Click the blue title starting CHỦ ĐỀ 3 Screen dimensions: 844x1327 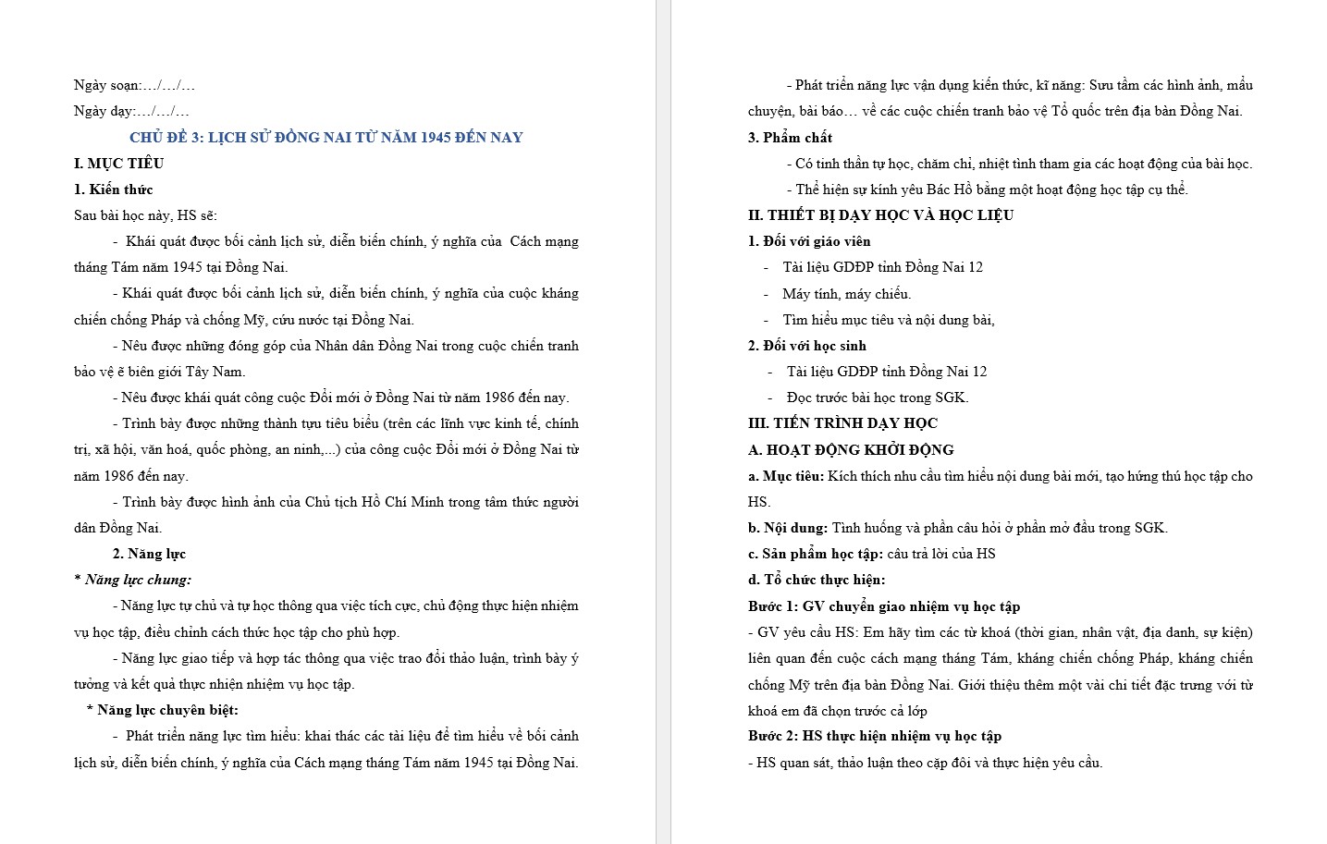click(x=326, y=138)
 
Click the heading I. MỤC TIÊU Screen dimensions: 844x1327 click(x=118, y=164)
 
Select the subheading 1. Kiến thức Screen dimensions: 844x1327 click(x=113, y=190)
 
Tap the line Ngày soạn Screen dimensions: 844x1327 click(x=134, y=85)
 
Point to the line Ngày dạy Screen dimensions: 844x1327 click(x=131, y=111)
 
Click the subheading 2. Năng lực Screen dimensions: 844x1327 click(x=149, y=554)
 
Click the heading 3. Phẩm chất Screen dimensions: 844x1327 click(x=790, y=138)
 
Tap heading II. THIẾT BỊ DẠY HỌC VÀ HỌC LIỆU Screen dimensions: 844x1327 click(x=880, y=215)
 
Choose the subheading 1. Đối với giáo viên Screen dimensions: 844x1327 click(x=809, y=241)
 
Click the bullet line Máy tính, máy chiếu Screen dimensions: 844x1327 click(x=846, y=294)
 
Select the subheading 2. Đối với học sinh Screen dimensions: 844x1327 click(x=807, y=346)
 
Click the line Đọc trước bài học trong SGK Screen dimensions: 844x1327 click(x=877, y=398)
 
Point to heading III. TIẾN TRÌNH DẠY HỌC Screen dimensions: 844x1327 click(x=842, y=423)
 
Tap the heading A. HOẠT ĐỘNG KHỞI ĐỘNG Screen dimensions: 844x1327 click(x=851, y=450)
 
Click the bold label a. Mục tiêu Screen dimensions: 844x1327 click(x=786, y=476)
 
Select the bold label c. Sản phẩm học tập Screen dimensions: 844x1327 click(x=816, y=554)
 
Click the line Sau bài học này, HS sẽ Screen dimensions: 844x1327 click(x=145, y=215)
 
